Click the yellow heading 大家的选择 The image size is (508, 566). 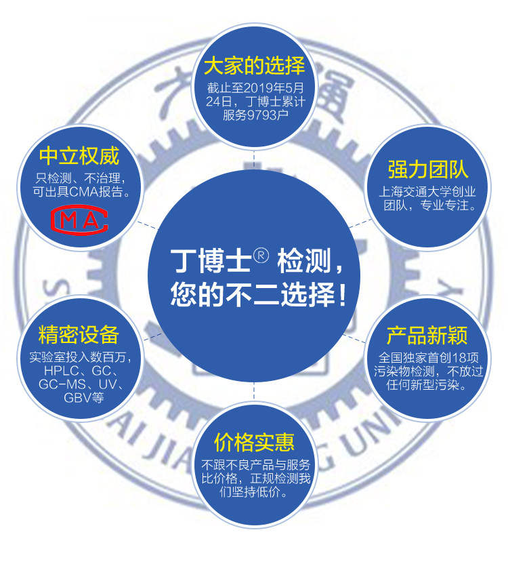point(254,66)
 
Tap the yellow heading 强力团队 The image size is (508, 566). point(427,169)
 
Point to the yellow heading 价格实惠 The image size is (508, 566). point(254,443)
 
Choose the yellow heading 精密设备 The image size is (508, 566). point(79,334)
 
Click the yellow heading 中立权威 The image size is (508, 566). point(79,157)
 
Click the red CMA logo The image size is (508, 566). point(79,220)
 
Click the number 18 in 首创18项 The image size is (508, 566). point(460,358)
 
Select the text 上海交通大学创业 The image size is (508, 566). point(427,192)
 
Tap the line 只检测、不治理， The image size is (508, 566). point(79,179)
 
